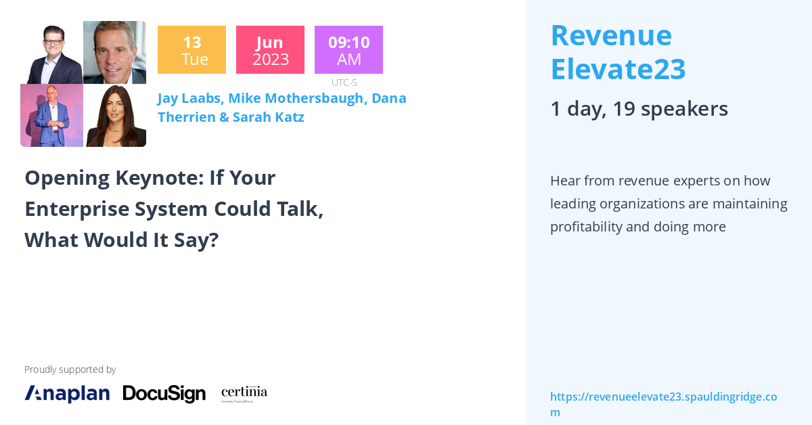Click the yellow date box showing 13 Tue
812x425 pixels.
click(191, 50)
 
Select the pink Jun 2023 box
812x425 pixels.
click(270, 50)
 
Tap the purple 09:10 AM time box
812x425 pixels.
click(348, 50)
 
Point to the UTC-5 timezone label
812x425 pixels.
click(344, 83)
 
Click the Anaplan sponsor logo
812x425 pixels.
click(67, 393)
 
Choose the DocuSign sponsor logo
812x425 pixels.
click(164, 393)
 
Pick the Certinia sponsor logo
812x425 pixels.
click(244, 393)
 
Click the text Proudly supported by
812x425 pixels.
click(70, 370)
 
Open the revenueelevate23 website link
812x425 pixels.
click(663, 403)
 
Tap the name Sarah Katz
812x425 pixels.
click(268, 117)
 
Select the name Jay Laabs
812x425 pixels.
click(188, 98)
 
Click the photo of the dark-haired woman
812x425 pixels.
click(115, 116)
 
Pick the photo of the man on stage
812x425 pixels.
click(51, 116)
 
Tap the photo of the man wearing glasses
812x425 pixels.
click(51, 52)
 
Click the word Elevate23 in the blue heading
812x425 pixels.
click(618, 68)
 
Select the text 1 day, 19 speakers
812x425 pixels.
click(639, 108)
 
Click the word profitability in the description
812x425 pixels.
click(586, 227)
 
